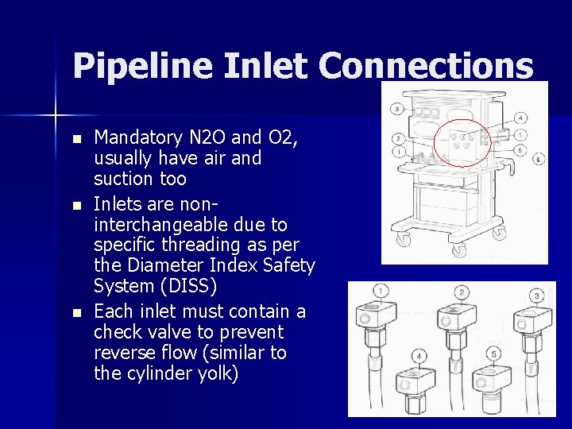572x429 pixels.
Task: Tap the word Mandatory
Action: (x=137, y=137)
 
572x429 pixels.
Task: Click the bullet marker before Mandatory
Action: (x=76, y=139)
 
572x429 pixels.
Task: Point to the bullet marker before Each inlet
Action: (x=76, y=312)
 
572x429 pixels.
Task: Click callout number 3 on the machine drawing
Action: (x=396, y=108)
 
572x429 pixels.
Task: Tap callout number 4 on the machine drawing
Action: (x=520, y=118)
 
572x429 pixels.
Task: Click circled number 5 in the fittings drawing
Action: (x=494, y=354)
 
